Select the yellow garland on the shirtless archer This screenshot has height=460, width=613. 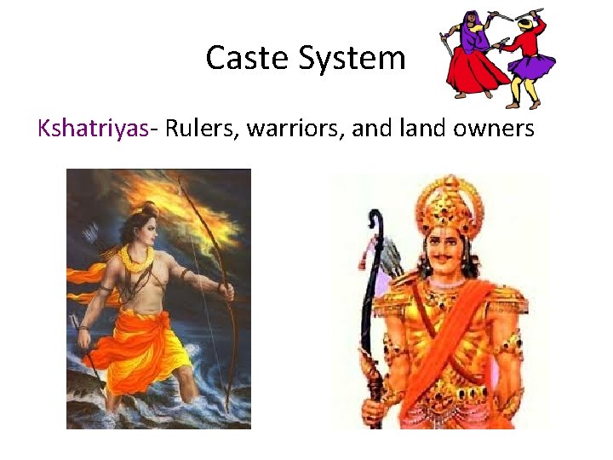tap(136, 256)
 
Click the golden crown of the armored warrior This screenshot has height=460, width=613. tap(448, 204)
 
